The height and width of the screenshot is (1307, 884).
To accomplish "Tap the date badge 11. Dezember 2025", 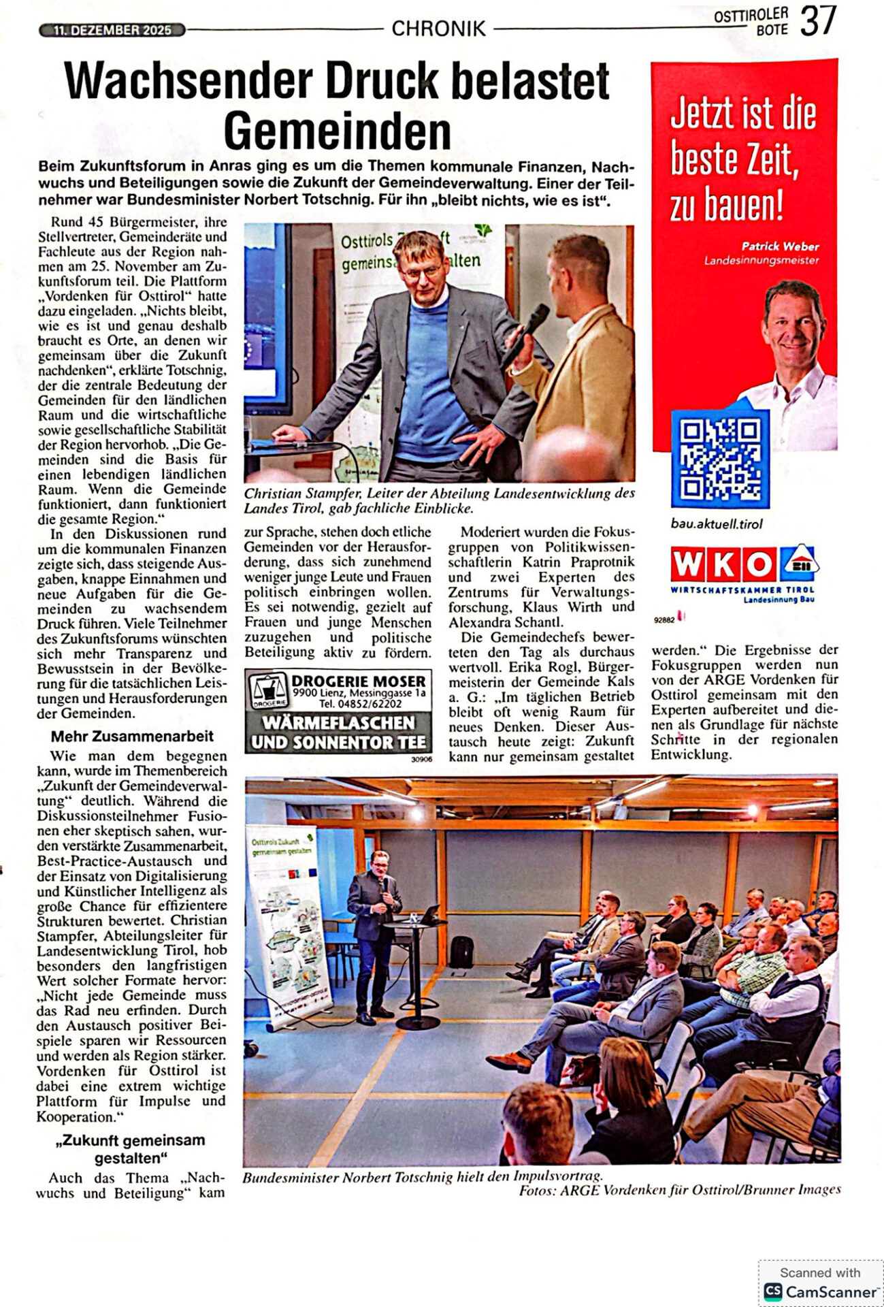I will tap(112, 30).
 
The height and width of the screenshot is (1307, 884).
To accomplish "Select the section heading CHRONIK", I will tap(438, 29).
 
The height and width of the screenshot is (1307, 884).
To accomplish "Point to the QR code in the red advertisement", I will tap(720, 458).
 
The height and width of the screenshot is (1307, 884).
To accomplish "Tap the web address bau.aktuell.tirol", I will tap(707, 523).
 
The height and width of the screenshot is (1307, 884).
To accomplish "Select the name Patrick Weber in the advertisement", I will tap(780, 246).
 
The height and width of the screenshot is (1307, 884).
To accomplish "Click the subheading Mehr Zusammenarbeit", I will tap(132, 737).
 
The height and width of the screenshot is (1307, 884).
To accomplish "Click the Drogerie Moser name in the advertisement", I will tap(358, 681).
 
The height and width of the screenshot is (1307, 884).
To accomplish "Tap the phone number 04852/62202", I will tap(370, 704).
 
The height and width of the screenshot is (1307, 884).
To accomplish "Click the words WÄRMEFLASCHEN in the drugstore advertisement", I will tap(338, 722).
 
